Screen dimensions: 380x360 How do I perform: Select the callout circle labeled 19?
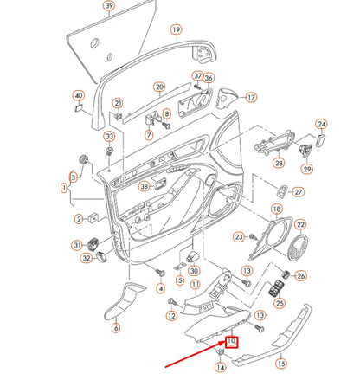(x=176, y=30)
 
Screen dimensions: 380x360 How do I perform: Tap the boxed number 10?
(x=232, y=341)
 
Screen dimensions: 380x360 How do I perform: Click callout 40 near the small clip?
(x=78, y=95)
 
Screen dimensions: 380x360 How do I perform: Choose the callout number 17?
(x=252, y=98)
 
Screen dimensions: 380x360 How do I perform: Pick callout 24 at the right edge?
(x=321, y=125)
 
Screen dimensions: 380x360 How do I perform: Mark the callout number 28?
(x=279, y=163)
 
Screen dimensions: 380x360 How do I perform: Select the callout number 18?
(x=277, y=209)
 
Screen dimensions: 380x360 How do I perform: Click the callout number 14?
(x=220, y=368)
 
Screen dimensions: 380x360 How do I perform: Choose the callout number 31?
(x=77, y=246)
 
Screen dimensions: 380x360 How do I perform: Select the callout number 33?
(x=109, y=137)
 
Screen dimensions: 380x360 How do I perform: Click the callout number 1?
(x=64, y=187)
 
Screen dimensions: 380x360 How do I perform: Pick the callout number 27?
(x=299, y=192)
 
